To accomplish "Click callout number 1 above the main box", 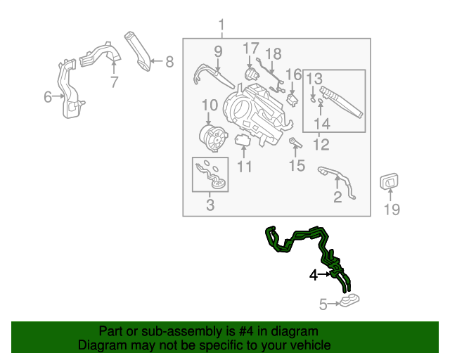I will (x=222, y=27).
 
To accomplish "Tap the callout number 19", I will (x=391, y=209).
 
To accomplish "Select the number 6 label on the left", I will (x=48, y=97).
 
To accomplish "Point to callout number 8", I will (x=169, y=62).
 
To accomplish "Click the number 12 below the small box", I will (x=321, y=145).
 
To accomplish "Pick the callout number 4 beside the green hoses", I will (x=314, y=275).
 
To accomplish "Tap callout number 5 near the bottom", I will (x=323, y=304).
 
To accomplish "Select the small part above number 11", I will (x=243, y=141).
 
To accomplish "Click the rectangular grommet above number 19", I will (x=390, y=182).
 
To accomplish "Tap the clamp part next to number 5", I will (x=349, y=302).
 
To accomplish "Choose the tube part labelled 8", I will (x=139, y=51).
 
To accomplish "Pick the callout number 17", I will (x=251, y=49).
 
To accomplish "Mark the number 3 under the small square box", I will (x=210, y=205).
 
